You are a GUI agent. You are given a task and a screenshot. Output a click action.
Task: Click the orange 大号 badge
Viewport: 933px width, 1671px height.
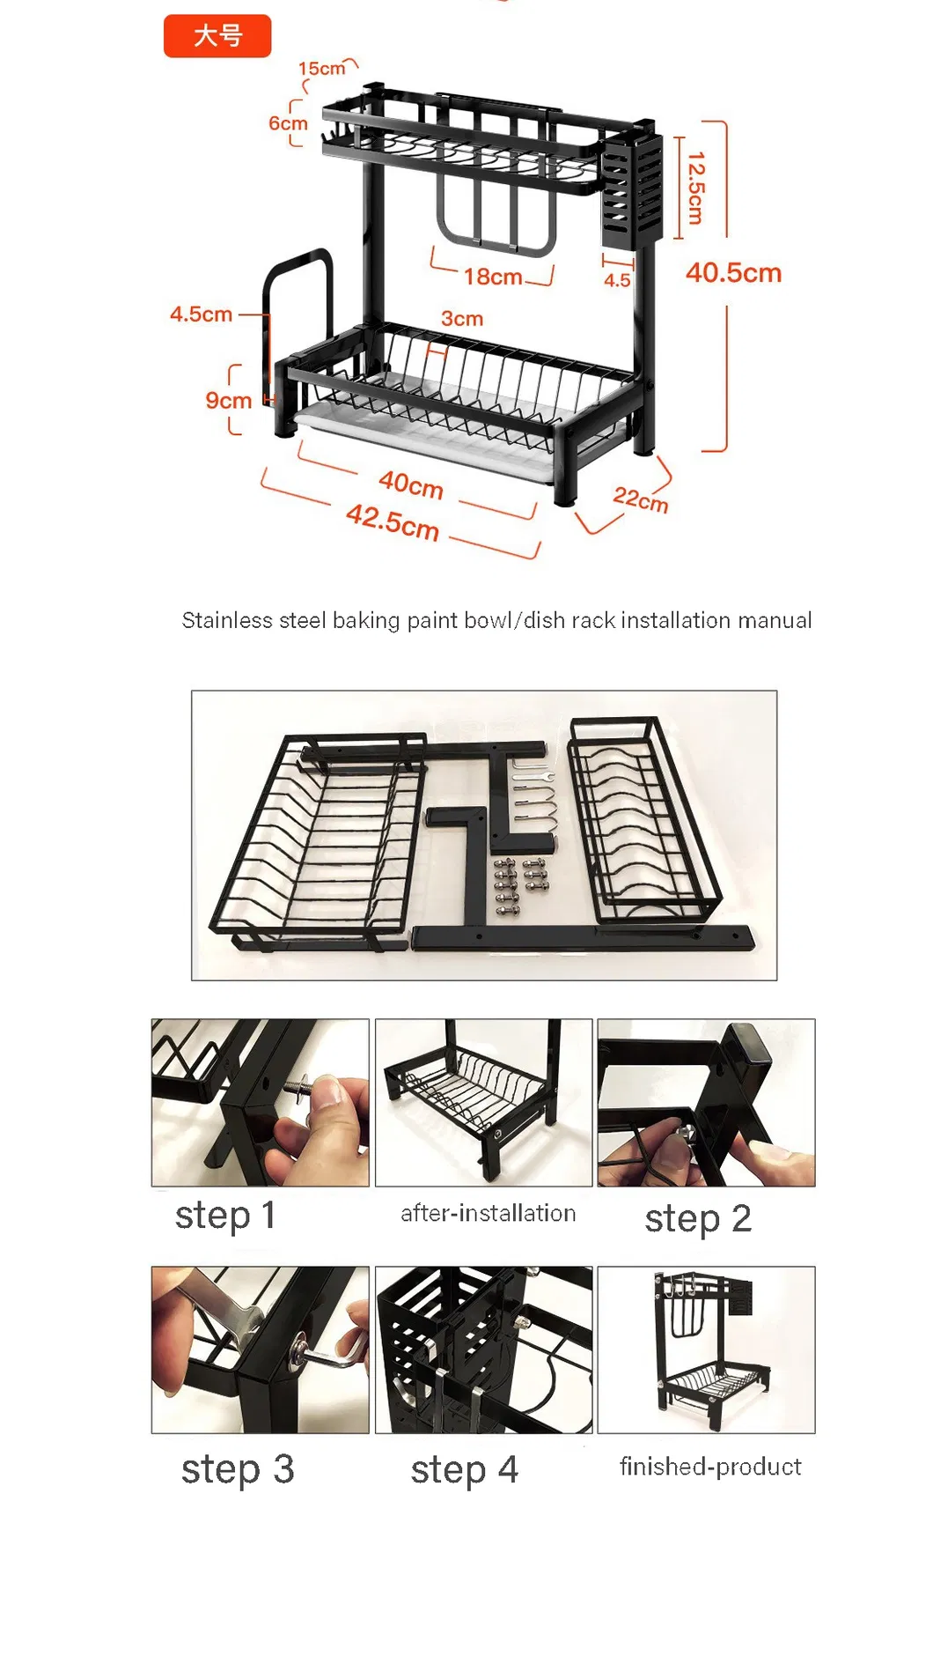217,36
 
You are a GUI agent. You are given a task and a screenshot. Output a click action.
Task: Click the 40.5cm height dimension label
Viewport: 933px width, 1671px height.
732,273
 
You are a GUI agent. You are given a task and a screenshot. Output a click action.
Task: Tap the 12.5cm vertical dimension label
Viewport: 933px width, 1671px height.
695,188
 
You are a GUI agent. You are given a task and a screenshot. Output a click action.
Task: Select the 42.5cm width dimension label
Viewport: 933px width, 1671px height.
393,521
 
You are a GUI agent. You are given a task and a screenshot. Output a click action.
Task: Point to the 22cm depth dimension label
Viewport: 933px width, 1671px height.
641,499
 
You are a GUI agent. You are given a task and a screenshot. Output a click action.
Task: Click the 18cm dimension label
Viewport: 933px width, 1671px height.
493,277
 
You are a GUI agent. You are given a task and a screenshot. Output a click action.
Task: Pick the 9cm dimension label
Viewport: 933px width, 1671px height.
228,401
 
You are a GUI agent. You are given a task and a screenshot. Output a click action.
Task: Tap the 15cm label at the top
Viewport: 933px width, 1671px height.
321,69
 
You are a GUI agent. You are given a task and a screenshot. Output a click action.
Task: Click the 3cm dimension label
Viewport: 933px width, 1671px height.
462,319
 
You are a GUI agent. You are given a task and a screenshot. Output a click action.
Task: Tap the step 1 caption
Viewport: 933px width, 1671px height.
225,1216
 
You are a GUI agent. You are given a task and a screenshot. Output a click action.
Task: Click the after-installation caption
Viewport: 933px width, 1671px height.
488,1214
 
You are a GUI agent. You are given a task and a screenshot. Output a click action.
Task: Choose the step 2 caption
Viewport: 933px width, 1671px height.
697,1219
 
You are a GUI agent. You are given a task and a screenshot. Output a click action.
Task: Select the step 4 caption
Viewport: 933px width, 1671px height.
464,1469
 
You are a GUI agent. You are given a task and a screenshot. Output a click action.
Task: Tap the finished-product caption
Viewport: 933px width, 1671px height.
709,1467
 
